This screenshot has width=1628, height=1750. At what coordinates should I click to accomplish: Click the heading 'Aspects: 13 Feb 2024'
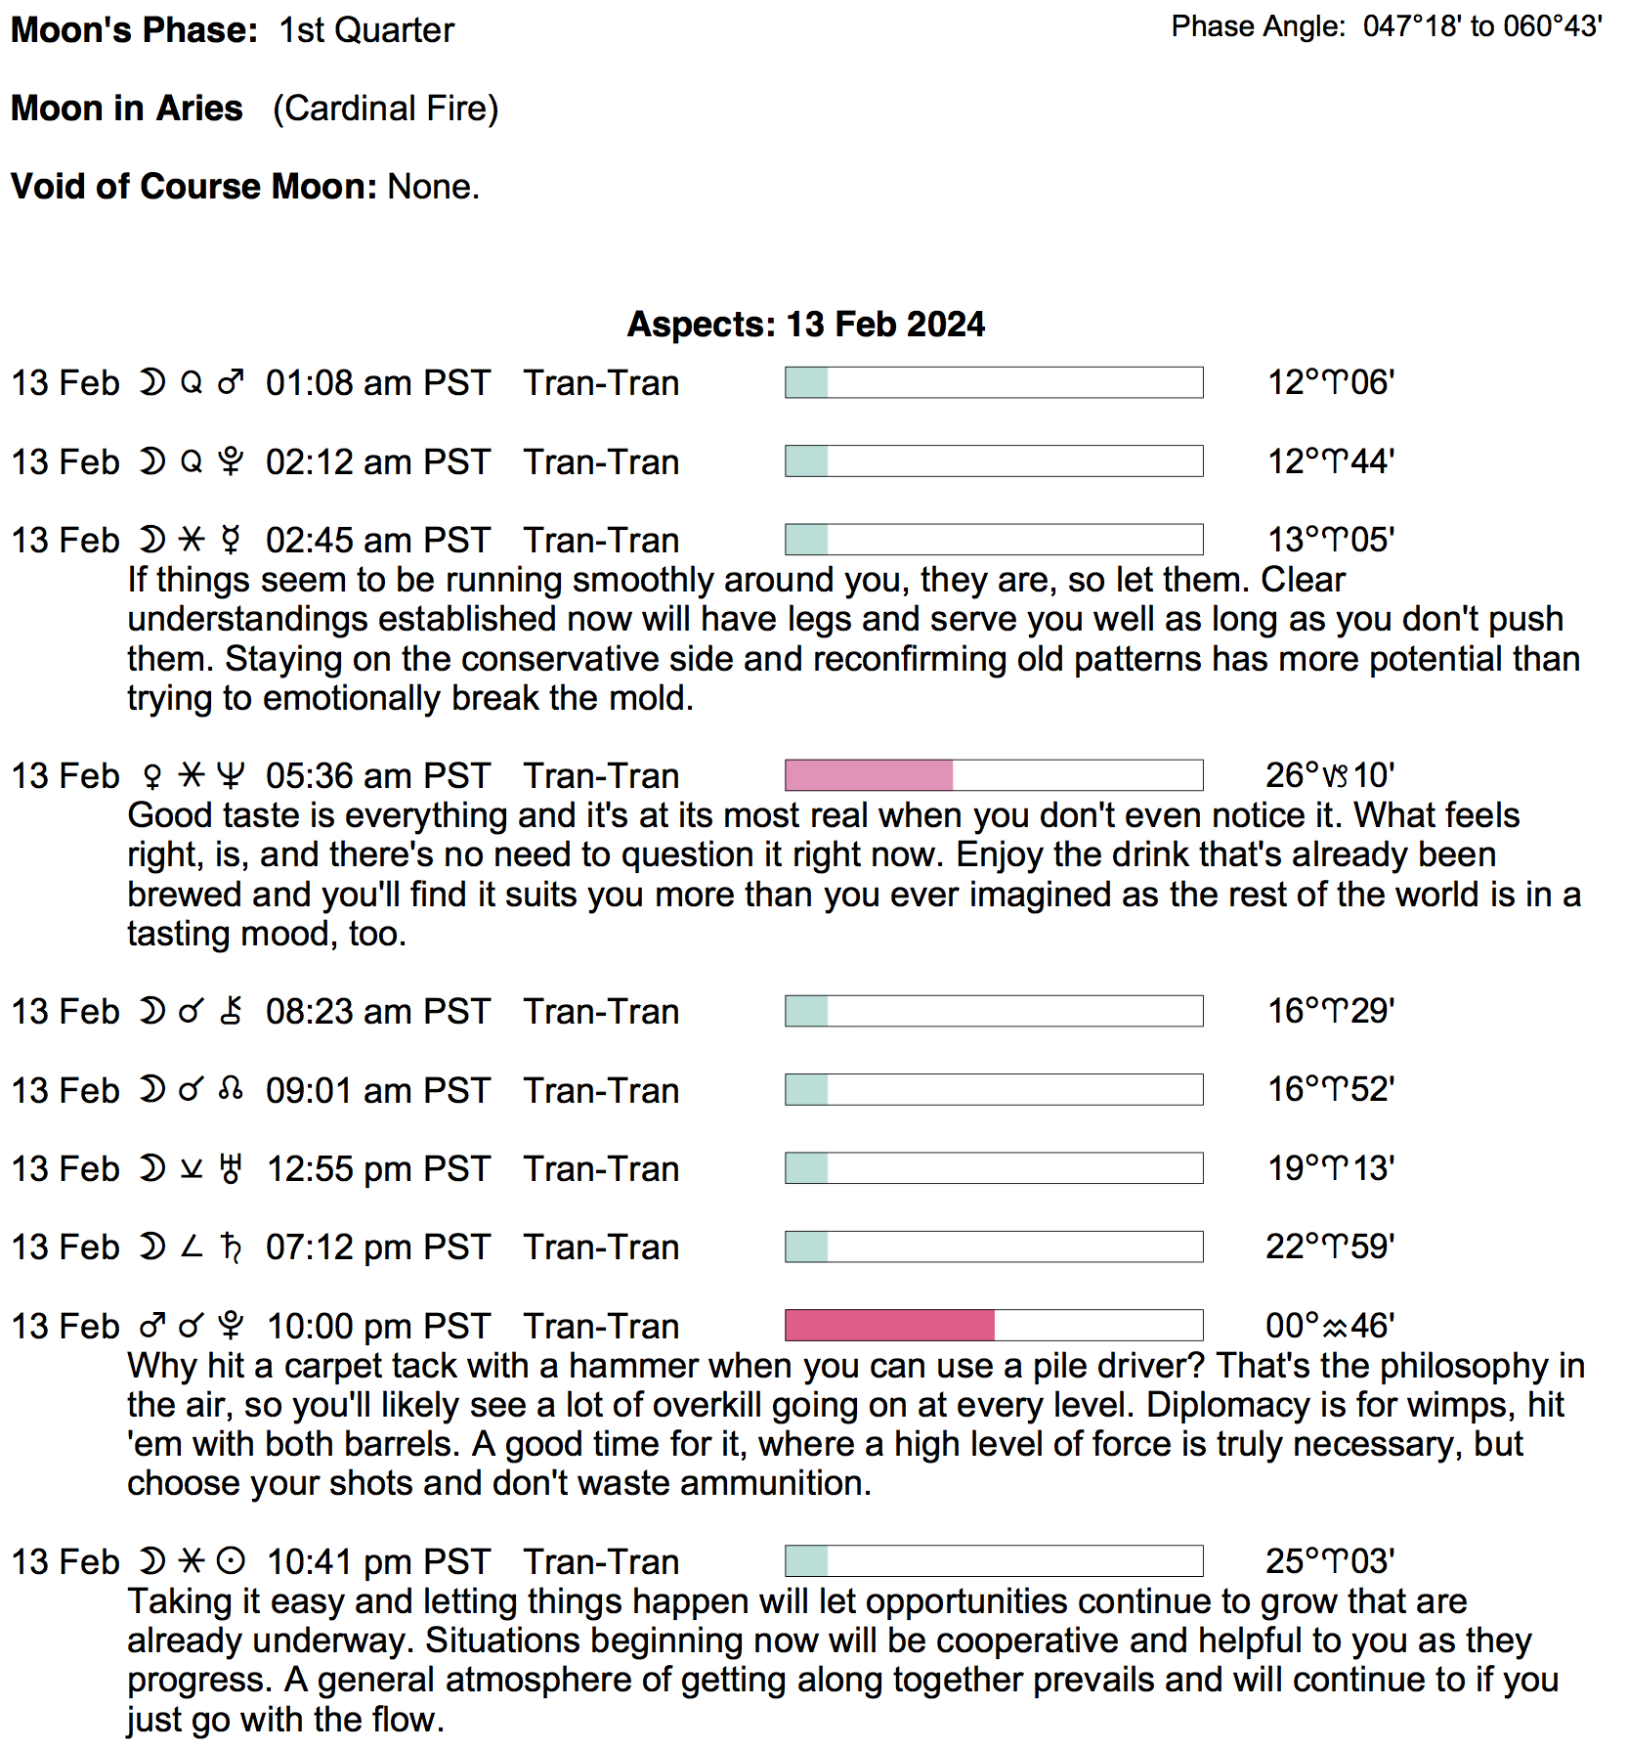pyautogui.click(x=805, y=325)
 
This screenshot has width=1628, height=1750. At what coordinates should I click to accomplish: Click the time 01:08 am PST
pyautogui.click(x=377, y=383)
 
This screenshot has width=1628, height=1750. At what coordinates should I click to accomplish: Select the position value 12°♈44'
pyautogui.click(x=1330, y=461)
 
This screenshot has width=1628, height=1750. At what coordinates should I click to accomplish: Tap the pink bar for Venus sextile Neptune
pyautogui.click(x=869, y=775)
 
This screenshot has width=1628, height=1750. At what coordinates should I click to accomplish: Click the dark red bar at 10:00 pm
pyautogui.click(x=889, y=1326)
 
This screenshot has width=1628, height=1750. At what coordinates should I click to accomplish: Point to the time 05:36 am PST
pyautogui.click(x=377, y=776)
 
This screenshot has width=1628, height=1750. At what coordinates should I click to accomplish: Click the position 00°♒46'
pyautogui.click(x=1329, y=1326)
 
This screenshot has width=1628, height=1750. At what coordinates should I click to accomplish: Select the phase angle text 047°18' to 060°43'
pyautogui.click(x=1482, y=26)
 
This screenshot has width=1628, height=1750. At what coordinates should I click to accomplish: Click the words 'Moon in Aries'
pyautogui.click(x=126, y=109)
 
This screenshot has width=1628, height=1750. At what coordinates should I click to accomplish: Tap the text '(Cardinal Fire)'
pyautogui.click(x=385, y=109)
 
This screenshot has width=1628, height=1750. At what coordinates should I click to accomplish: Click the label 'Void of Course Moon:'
pyautogui.click(x=193, y=187)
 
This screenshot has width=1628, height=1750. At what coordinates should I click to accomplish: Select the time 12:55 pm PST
pyautogui.click(x=377, y=1169)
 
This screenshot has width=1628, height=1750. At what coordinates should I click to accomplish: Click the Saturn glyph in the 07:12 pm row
pyautogui.click(x=231, y=1247)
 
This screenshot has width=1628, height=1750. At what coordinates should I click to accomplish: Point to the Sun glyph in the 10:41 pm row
pyautogui.click(x=231, y=1561)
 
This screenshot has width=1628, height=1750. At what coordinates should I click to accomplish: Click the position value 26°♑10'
pyautogui.click(x=1329, y=775)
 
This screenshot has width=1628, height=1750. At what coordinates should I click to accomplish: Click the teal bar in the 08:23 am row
pyautogui.click(x=806, y=1011)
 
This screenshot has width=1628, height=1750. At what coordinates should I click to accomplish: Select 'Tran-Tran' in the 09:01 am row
pyautogui.click(x=601, y=1091)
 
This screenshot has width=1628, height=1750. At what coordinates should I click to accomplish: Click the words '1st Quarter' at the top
pyautogui.click(x=366, y=30)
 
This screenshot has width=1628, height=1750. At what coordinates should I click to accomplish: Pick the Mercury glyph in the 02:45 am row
pyautogui.click(x=231, y=541)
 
